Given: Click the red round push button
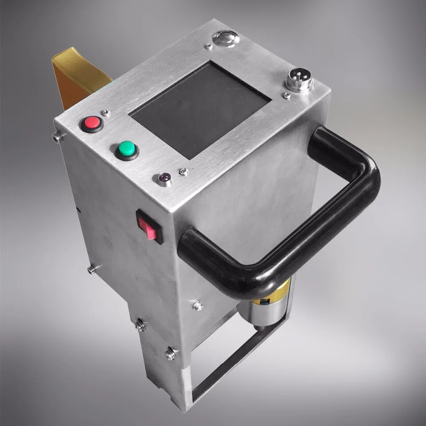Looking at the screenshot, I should [x=92, y=124].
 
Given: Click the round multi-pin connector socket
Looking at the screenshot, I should [x=299, y=79].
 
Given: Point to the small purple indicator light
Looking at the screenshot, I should [x=164, y=178].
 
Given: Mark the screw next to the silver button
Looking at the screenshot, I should [x=208, y=46].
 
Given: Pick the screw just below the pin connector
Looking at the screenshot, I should [x=287, y=95].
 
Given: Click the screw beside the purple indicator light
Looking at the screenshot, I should [x=183, y=172].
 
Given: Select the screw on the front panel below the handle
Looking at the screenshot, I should [x=198, y=305].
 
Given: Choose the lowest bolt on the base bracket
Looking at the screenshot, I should [x=170, y=354].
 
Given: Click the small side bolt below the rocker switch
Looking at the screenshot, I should [x=91, y=269].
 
